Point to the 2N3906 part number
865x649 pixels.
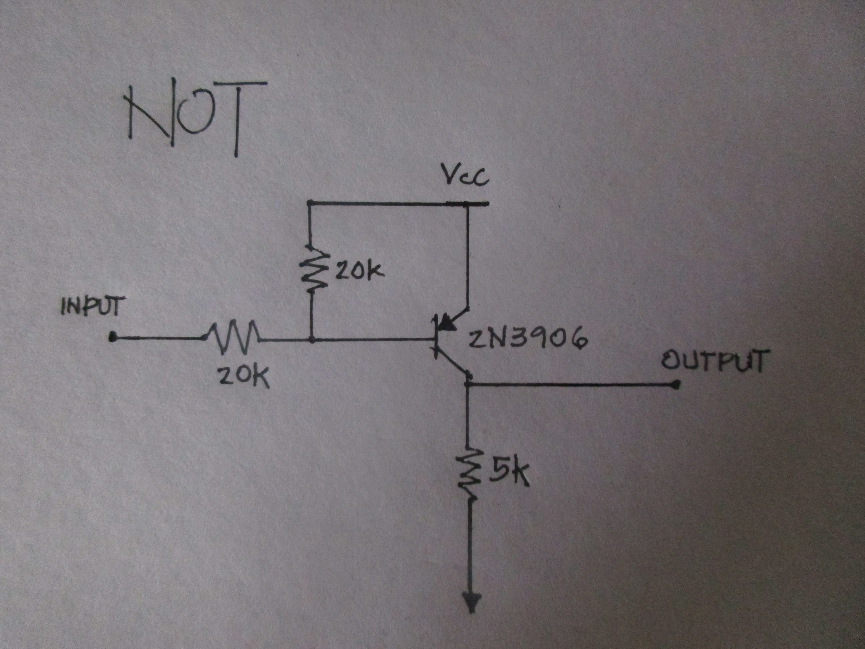click(x=528, y=339)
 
